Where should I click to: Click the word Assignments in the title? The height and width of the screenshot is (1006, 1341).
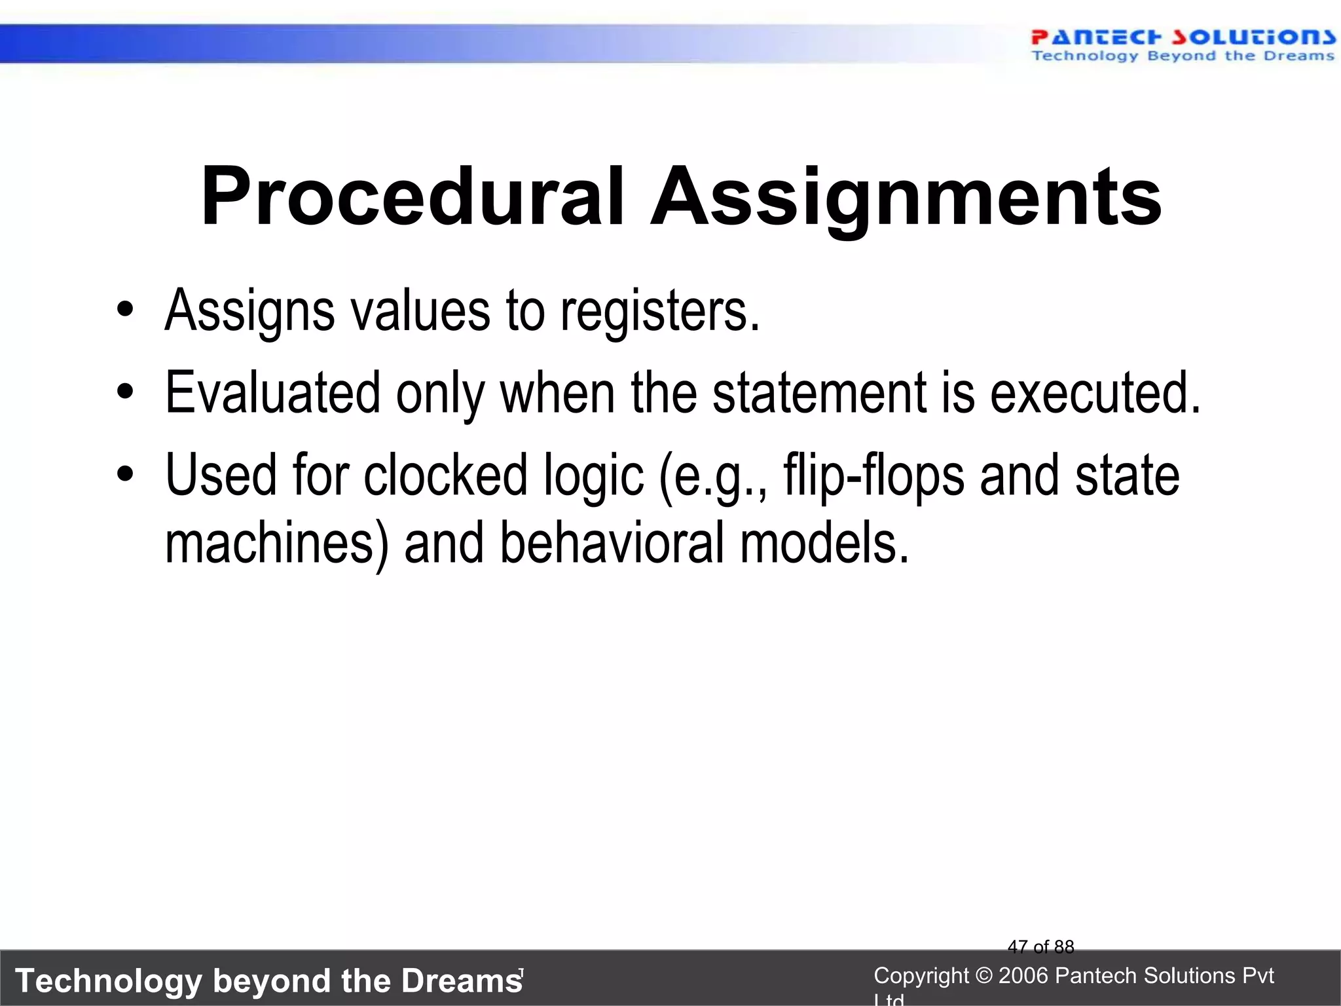(906, 196)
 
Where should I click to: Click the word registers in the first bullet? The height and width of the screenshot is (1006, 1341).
(660, 311)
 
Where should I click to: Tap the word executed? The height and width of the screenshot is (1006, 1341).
(1095, 393)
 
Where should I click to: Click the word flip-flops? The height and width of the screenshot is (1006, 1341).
(873, 476)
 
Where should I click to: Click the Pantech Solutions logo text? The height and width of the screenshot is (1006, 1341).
(1183, 37)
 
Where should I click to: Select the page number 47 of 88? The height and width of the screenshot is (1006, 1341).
(1040, 947)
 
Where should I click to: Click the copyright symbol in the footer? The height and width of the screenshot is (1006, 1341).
(983, 976)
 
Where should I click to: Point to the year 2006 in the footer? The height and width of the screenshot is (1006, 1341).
(1023, 976)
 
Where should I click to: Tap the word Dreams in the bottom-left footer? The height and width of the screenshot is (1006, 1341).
(462, 981)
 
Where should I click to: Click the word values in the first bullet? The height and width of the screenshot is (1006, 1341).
(420, 311)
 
